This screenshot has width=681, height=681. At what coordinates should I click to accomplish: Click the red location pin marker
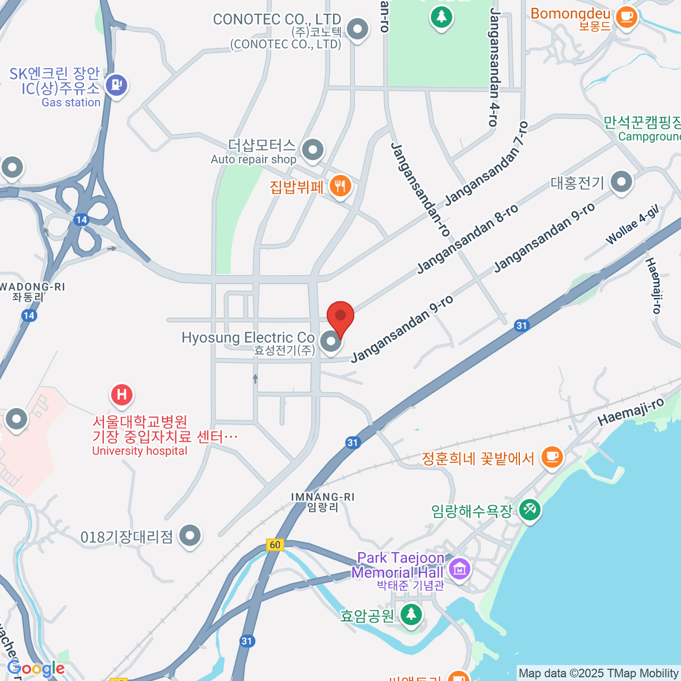coord(340,317)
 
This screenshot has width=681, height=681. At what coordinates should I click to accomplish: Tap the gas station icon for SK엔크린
coord(116,85)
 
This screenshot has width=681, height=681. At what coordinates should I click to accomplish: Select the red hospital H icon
coord(121,394)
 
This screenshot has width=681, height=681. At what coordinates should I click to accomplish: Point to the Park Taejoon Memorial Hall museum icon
coord(459,567)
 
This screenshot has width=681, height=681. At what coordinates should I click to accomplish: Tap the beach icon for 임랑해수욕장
coord(530,508)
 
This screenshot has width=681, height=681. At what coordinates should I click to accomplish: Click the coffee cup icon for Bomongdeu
coord(627,16)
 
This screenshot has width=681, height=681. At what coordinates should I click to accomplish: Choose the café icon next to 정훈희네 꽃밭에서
coord(551,456)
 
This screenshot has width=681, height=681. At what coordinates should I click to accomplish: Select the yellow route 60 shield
coord(275,545)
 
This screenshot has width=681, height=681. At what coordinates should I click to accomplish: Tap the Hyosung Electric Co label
coord(248,338)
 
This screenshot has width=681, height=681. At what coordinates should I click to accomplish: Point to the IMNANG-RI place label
coord(322,497)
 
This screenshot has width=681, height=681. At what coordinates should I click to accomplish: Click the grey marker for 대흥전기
coord(621,182)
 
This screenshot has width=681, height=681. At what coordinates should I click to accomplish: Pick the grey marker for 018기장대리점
coord(190,535)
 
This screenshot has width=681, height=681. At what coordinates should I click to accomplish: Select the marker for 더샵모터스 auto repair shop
coord(312,150)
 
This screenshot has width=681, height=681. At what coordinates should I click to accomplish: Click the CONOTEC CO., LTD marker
coord(358,28)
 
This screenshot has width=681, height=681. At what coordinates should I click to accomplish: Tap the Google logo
coord(36,669)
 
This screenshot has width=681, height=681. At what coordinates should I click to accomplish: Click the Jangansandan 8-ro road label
coord(468,238)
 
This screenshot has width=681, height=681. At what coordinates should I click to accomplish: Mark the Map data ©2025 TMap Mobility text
coord(599,673)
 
